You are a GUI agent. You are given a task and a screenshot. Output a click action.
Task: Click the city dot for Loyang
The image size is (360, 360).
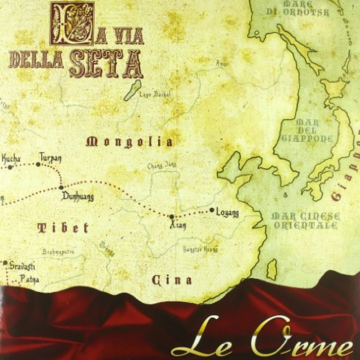tap(212, 210)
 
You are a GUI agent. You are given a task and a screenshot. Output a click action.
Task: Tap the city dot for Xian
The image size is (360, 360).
tap(172, 217)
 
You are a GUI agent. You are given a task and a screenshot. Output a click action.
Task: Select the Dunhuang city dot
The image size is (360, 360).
tap(61, 187)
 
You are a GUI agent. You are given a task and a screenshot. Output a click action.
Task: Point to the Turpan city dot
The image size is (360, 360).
tap(38, 164)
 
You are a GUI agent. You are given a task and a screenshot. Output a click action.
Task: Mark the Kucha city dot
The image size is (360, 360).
tap(10, 167)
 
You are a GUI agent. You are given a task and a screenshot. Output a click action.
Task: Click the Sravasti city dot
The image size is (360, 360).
tap(5, 263)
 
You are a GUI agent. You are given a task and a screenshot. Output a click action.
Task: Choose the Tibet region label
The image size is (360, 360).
tap(63, 228)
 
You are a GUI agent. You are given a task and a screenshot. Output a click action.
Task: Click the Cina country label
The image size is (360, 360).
tap(172, 280)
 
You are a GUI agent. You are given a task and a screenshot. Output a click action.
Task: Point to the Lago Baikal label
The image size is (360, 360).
tap(155, 94)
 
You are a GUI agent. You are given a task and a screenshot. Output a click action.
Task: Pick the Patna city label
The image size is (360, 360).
tap(30, 279)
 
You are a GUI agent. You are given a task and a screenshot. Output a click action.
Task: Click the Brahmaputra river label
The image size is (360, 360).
tap(58, 252)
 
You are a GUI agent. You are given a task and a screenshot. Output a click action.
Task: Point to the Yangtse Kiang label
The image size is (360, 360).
tap(200, 249)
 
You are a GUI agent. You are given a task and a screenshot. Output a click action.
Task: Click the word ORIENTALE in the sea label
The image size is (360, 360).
tap(305, 226)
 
